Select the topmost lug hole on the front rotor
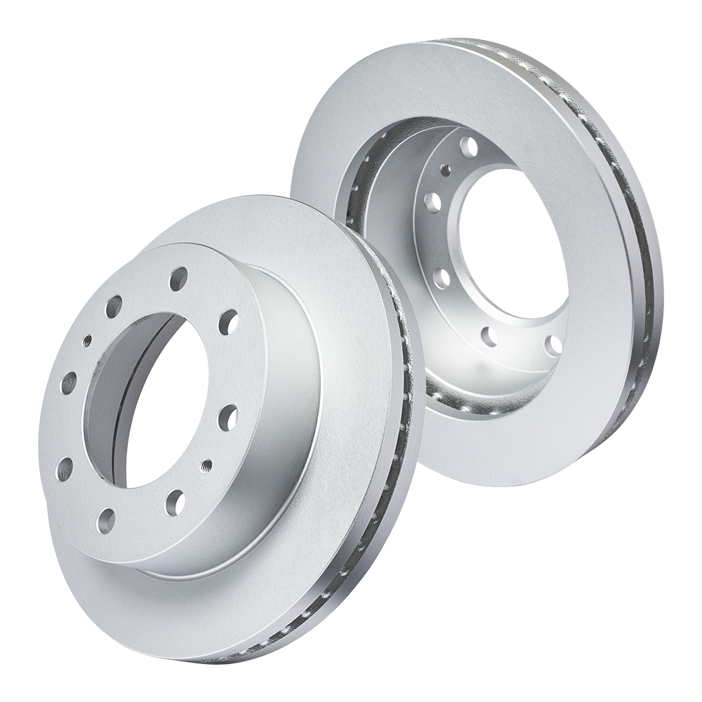pyautogui.click(x=178, y=278)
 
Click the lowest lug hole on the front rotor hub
pyautogui.click(x=106, y=519)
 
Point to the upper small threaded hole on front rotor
pyautogui.click(x=87, y=340)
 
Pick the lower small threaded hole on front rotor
pyautogui.click(x=208, y=465)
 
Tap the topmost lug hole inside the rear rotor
pyautogui.click(x=468, y=147)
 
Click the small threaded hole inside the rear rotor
pyautogui.click(x=444, y=169)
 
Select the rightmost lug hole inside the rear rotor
pyautogui.click(x=553, y=345)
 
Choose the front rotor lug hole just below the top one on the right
pyautogui.click(x=227, y=322)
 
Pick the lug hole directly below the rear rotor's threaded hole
pyautogui.click(x=432, y=202)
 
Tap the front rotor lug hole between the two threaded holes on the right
pyautogui.click(x=227, y=418)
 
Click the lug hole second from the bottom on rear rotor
pyautogui.click(x=490, y=336)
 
